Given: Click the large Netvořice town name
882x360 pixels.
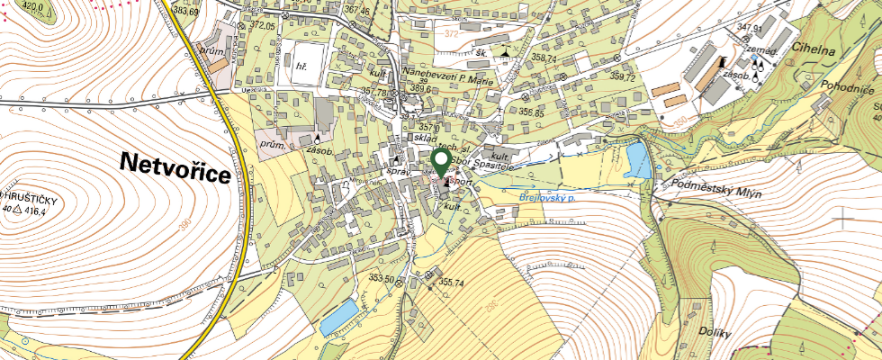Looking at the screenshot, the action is [x=175, y=168].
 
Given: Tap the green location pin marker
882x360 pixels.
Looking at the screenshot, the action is [x=441, y=163].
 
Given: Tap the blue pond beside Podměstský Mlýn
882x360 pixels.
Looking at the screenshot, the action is [x=637, y=160].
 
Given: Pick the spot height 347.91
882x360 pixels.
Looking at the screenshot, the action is [x=750, y=28].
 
